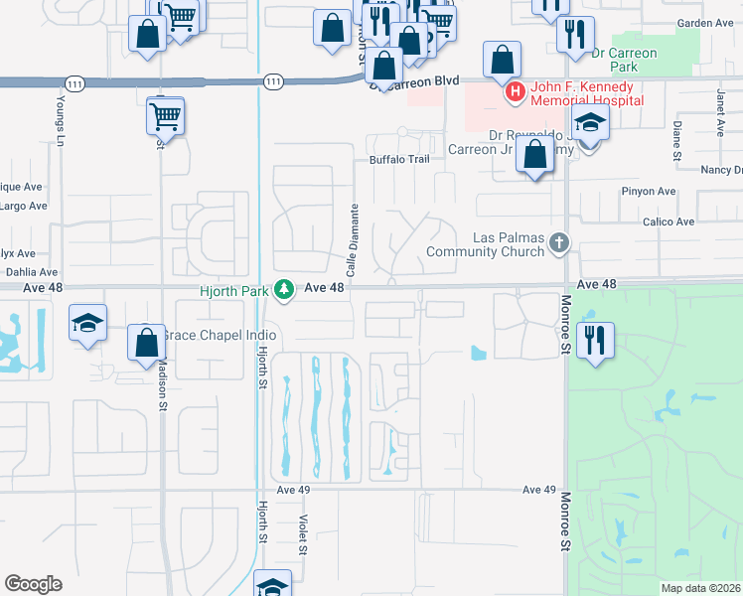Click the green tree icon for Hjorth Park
[x=285, y=289]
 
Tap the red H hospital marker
[x=516, y=93]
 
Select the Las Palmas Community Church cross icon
[x=560, y=241]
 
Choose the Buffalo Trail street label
[x=398, y=160]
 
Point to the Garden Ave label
[x=704, y=23]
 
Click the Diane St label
[x=676, y=141]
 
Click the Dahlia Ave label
[x=32, y=271]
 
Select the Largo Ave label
[x=25, y=207]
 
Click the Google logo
[x=33, y=583]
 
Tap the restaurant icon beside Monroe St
[x=595, y=340]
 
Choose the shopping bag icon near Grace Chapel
[x=147, y=343]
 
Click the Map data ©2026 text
[x=700, y=588]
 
